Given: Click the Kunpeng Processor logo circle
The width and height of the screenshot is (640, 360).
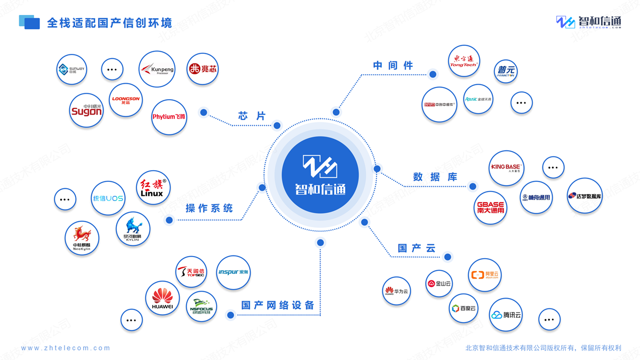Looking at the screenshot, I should [157, 69].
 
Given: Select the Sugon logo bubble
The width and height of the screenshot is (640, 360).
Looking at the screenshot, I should [86, 110].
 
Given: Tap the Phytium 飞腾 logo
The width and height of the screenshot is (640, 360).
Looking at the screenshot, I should [169, 117].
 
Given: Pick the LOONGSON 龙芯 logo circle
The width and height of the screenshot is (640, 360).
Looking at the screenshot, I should [126, 100].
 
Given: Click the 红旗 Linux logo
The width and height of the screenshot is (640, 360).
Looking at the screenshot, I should [153, 188].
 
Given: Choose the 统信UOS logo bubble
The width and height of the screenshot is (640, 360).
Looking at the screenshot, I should [108, 198].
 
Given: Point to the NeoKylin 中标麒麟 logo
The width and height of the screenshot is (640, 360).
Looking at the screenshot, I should [82, 238].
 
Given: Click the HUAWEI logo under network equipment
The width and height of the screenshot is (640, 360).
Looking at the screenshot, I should [162, 298].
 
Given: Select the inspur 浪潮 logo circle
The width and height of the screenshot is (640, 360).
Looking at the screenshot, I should [233, 273].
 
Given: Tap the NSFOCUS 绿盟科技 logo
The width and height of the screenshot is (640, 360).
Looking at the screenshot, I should [202, 306].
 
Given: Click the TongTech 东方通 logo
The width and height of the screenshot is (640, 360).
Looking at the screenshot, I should [463, 61].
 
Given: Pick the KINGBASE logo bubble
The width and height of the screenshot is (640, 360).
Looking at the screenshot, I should [506, 168].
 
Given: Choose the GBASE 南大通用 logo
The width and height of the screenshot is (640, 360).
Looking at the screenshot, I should [491, 207].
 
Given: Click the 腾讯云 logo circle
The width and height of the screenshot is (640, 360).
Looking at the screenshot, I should [506, 315].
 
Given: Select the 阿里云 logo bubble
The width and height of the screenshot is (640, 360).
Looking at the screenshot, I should [484, 275].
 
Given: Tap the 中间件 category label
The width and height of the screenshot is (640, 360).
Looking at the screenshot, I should [393, 66].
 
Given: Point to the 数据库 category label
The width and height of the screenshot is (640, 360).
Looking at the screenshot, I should [435, 177].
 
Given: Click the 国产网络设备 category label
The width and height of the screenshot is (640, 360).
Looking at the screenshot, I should [278, 306].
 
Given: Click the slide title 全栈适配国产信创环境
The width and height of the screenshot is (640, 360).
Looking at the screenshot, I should [109, 23].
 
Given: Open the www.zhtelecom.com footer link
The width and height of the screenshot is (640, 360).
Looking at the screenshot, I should [66, 348].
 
